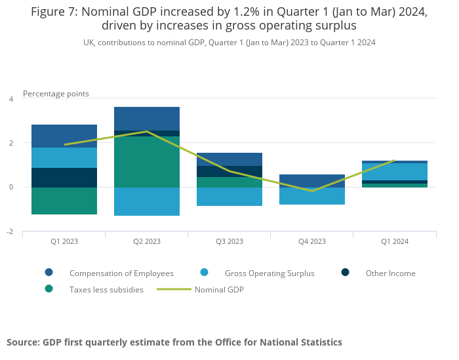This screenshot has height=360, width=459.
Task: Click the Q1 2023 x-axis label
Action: [64, 241]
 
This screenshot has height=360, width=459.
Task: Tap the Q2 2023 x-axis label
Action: [147, 241]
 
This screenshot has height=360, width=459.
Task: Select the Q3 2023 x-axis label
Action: [229, 241]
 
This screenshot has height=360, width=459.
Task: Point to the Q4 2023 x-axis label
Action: [312, 241]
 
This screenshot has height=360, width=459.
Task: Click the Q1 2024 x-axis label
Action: [395, 241]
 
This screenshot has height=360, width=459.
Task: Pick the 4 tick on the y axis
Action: [10, 99]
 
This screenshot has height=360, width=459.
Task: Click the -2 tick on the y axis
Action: [10, 232]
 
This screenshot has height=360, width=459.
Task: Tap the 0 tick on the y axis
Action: [10, 188]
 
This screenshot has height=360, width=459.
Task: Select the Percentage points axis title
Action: [56, 94]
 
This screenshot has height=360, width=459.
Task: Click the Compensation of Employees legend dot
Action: [49, 273]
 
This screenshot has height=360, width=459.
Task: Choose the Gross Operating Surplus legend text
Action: [269, 273]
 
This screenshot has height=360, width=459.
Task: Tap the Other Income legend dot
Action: [346, 273]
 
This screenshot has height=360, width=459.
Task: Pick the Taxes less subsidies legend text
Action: [106, 289]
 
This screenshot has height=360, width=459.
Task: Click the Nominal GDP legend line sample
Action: [174, 289]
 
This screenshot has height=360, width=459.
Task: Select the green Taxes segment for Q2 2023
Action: [147, 162]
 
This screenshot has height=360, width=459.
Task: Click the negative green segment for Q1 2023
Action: [64, 201]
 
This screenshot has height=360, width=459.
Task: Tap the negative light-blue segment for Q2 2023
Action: [147, 201]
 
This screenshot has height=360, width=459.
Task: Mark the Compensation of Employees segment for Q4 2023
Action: [312, 181]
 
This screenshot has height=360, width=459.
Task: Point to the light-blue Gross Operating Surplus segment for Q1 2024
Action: [395, 172]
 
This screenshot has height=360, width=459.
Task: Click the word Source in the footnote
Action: [23, 342]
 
